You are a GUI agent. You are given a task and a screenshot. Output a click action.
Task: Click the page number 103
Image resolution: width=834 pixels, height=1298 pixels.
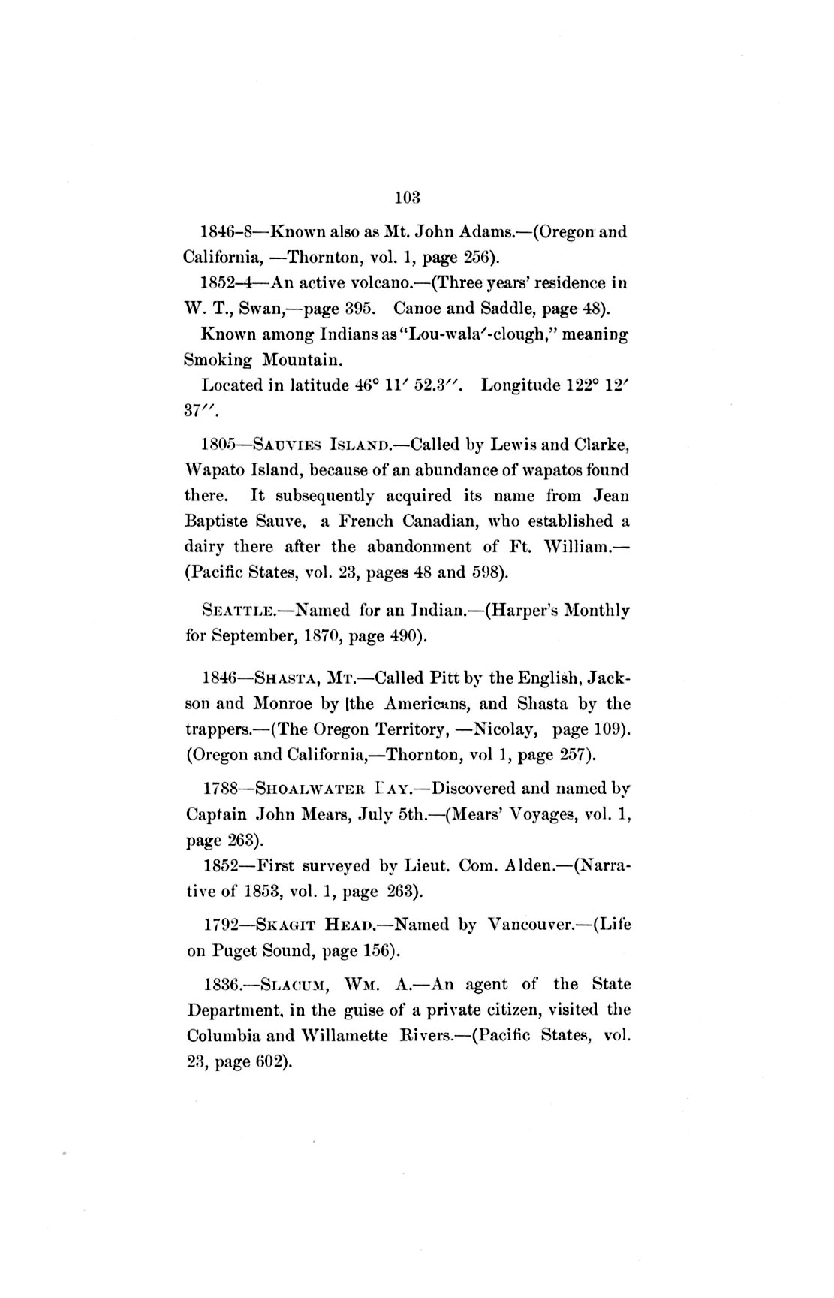(x=406, y=198)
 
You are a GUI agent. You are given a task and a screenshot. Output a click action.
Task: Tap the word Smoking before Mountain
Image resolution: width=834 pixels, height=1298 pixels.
(x=218, y=360)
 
